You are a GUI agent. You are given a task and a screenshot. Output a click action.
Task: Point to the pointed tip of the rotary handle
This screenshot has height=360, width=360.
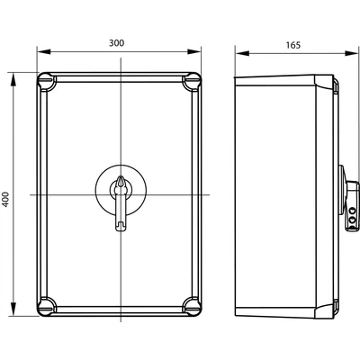coord(121,179)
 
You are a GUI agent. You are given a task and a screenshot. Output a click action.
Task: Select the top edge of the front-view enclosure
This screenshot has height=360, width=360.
coord(120,75)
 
